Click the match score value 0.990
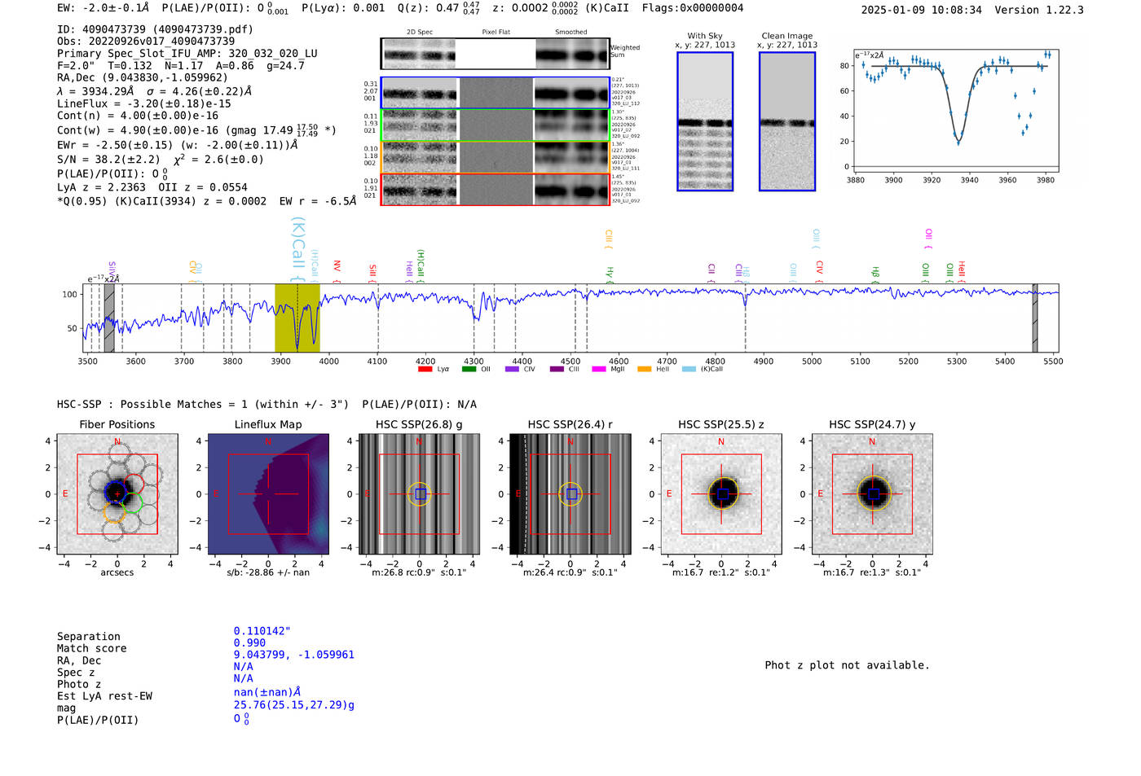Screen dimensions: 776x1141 click(x=249, y=642)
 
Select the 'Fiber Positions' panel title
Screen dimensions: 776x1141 click(x=117, y=424)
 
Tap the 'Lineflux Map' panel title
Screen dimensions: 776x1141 click(x=267, y=424)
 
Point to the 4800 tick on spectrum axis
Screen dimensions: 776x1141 click(x=715, y=362)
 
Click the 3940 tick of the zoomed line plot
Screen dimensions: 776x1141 click(x=969, y=180)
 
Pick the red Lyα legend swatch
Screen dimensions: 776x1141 click(x=425, y=369)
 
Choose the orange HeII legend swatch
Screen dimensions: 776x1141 click(x=644, y=369)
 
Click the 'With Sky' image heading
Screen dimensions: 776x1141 click(x=704, y=36)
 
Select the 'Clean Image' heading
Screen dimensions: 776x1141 click(x=786, y=36)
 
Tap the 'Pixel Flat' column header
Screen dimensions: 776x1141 click(x=496, y=32)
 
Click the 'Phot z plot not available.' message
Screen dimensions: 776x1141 click(x=847, y=665)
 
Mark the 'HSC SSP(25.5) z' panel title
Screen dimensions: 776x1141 click(x=720, y=424)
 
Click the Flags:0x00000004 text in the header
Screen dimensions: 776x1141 click(x=692, y=8)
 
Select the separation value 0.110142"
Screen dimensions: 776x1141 click(x=262, y=631)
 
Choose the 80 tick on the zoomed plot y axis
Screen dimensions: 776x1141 click(x=844, y=66)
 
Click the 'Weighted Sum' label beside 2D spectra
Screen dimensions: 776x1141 click(x=624, y=51)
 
